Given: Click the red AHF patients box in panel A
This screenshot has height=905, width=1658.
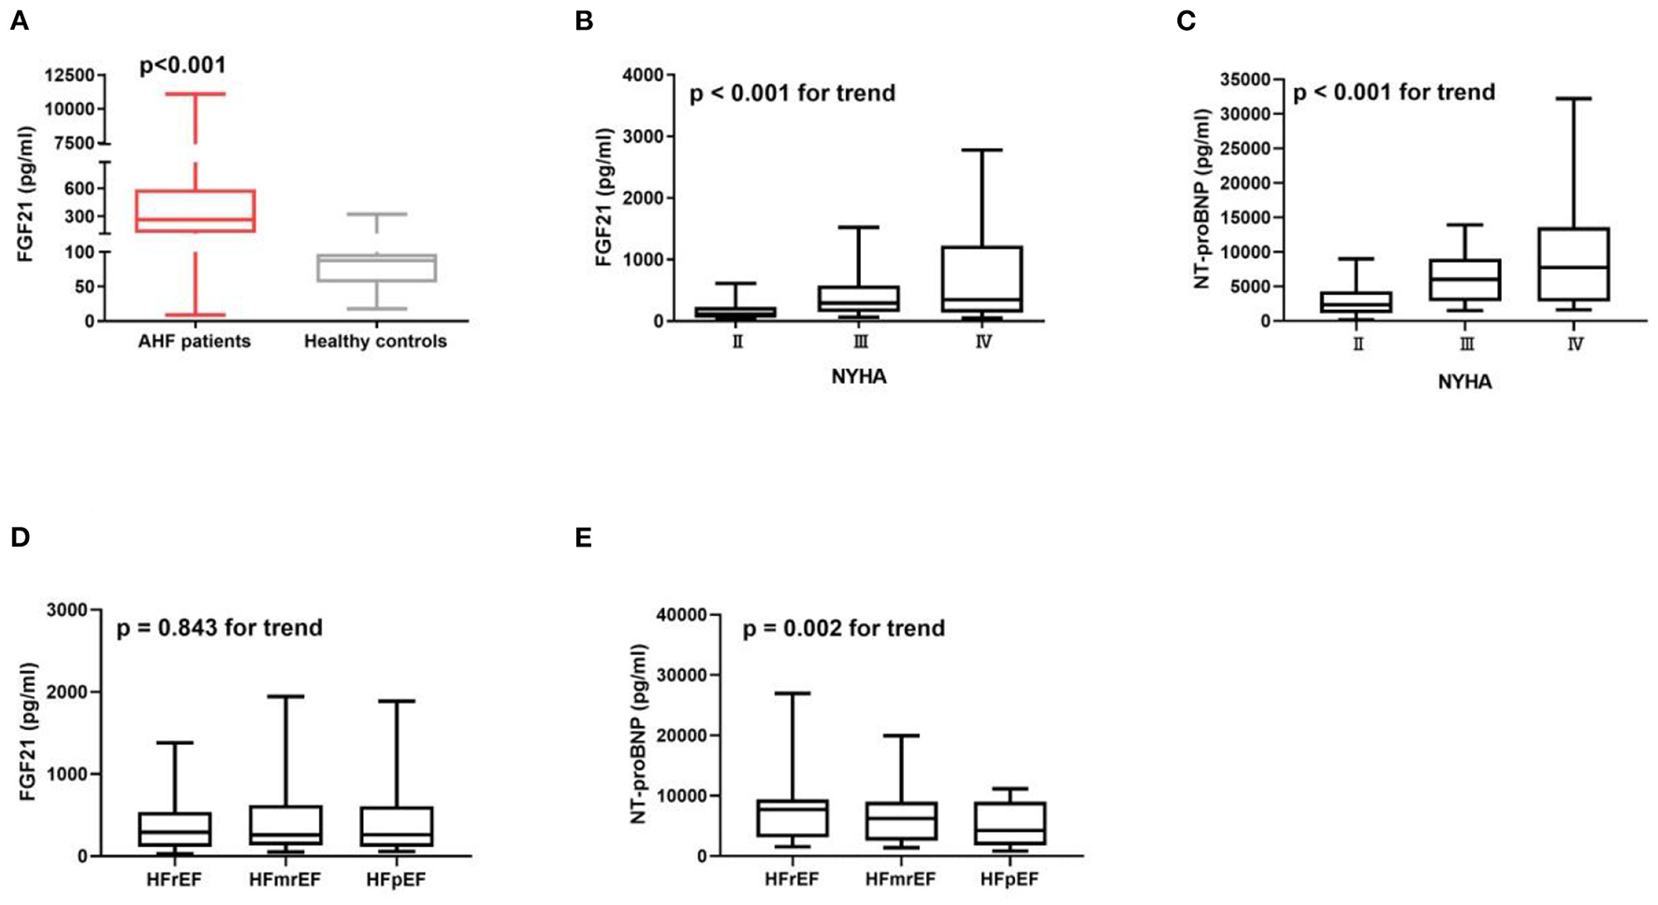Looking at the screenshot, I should (195, 211).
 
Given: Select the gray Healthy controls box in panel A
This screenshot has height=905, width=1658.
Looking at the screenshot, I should (376, 268).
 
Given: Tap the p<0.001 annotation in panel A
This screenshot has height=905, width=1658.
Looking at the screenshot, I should (182, 65).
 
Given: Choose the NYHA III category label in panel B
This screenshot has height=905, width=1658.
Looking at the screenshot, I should (860, 343).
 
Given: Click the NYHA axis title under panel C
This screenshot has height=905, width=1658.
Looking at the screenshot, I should (1464, 382).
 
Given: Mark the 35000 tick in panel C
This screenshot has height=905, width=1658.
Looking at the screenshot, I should (1249, 80).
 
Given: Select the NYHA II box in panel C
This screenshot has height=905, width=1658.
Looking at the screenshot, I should (1357, 302).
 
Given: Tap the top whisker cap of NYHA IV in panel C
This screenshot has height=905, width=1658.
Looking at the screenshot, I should (1575, 98).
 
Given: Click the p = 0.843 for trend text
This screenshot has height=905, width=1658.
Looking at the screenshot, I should (219, 627).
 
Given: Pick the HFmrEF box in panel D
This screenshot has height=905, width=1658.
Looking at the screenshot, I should (285, 825).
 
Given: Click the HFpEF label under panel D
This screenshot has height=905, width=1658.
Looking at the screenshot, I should (396, 880).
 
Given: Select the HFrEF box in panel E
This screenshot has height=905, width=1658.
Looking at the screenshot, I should (792, 818).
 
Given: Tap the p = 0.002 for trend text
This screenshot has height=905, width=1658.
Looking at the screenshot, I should (843, 628).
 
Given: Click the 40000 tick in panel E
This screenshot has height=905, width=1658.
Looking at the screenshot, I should (687, 615).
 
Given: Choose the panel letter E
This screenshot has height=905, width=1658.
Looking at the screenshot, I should (583, 537).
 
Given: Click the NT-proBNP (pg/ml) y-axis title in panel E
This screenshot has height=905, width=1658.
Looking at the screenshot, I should (639, 735).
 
